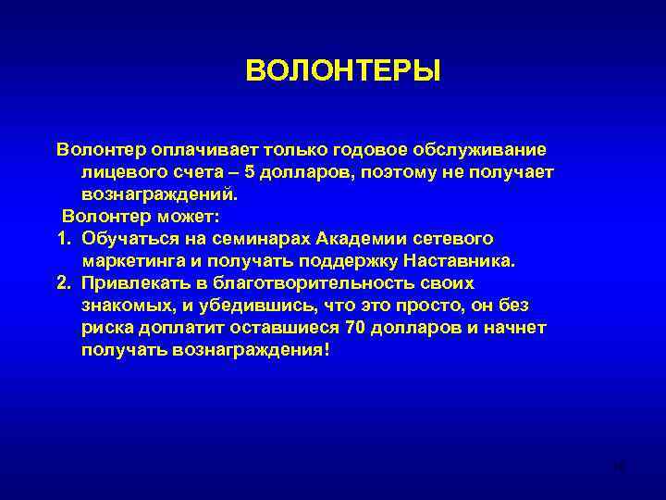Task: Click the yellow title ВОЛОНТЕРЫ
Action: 343,71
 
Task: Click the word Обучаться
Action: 129,239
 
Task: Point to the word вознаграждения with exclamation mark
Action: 251,351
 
